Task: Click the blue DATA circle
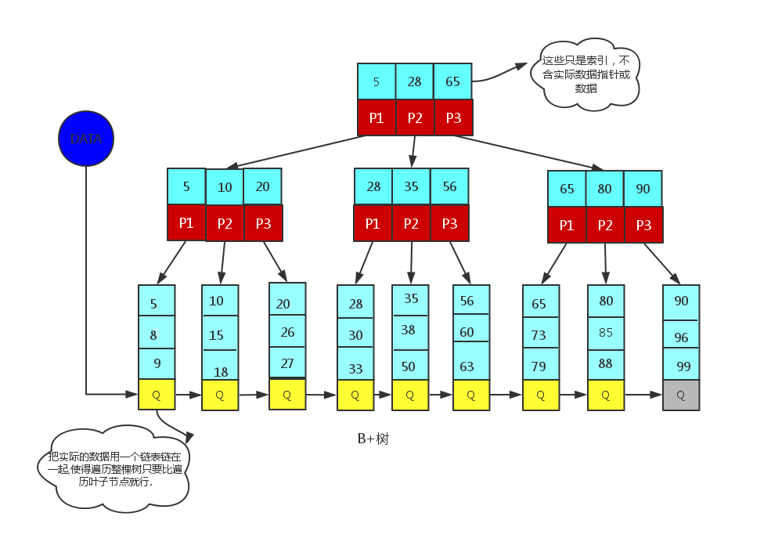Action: click(x=86, y=138)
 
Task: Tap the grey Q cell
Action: click(x=681, y=395)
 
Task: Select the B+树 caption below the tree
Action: click(x=373, y=439)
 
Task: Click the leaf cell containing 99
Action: click(x=681, y=364)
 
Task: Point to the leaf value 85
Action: click(x=606, y=333)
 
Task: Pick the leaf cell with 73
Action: click(x=541, y=333)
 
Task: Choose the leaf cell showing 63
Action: click(x=471, y=360)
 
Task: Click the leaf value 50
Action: click(x=408, y=366)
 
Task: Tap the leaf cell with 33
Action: click(x=355, y=363)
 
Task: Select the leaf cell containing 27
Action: click(x=287, y=363)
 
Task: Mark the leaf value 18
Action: click(x=221, y=372)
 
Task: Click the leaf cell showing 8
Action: click(x=157, y=332)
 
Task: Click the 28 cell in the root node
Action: click(x=415, y=81)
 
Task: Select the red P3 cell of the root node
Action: click(x=453, y=117)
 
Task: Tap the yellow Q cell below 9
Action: click(x=157, y=395)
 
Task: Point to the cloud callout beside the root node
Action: click(x=585, y=74)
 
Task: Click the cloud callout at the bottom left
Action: click(x=113, y=468)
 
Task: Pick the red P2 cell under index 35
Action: click(x=411, y=223)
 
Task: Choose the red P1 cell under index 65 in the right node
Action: click(x=567, y=225)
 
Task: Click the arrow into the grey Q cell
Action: click(x=643, y=395)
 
